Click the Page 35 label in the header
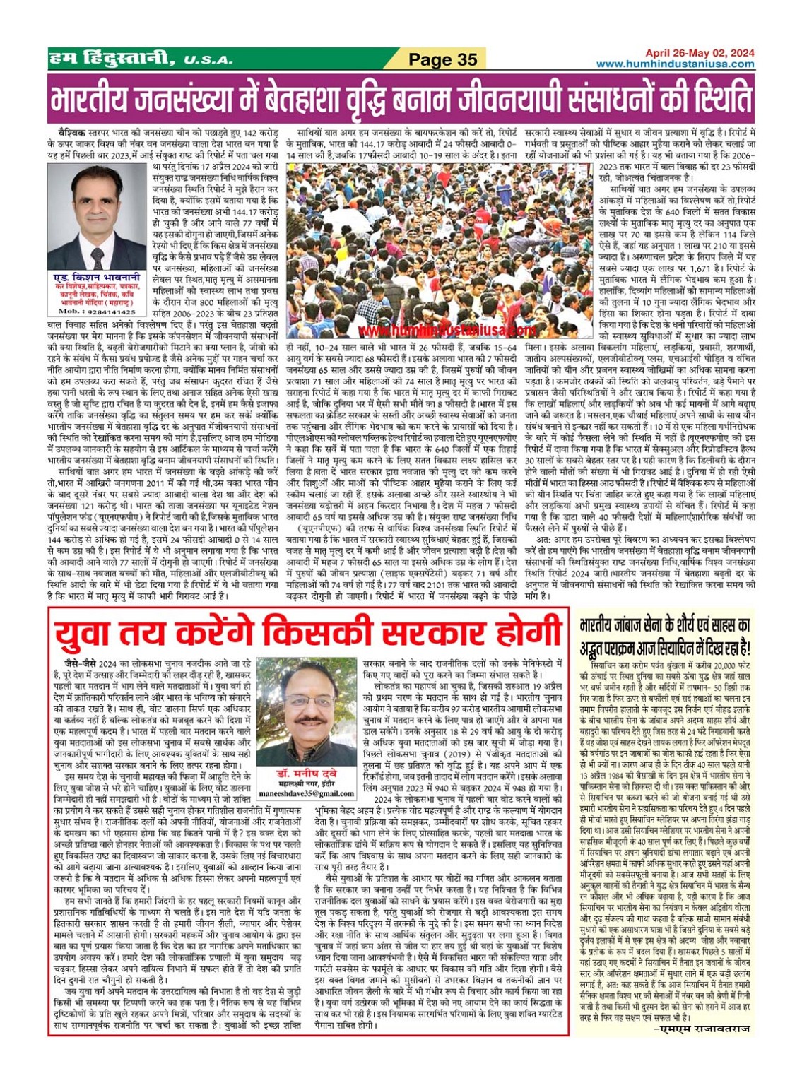[x=443, y=59]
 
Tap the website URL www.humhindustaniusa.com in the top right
[x=675, y=64]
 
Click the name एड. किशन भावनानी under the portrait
[x=97, y=278]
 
